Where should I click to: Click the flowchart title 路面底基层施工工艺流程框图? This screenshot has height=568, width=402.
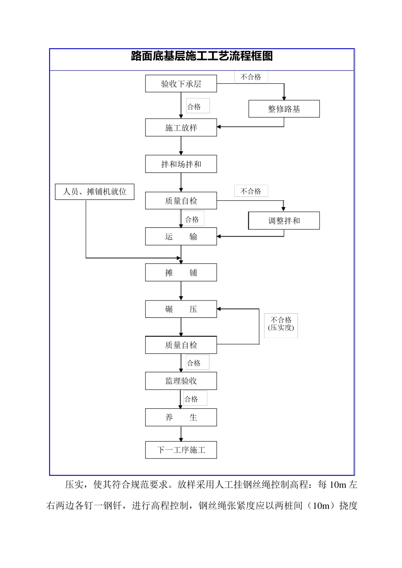click(202, 56)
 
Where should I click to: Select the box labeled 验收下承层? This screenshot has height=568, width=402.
click(181, 84)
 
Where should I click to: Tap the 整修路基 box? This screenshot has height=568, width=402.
click(284, 109)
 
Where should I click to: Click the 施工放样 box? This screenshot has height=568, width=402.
click(181, 128)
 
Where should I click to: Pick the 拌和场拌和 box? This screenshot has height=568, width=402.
click(181, 164)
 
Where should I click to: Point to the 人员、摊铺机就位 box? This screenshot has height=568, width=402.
click(95, 191)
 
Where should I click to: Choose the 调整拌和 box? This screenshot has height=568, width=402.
click(284, 221)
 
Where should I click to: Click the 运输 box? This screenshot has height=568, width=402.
click(181, 237)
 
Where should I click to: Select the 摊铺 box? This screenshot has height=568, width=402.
click(181, 273)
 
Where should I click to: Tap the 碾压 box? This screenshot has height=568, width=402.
click(181, 309)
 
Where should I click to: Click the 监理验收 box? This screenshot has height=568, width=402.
click(181, 381)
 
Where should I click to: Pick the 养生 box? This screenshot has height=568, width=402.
click(181, 417)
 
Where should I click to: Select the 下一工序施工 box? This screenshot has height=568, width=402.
click(181, 450)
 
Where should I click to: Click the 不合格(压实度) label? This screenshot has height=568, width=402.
click(281, 324)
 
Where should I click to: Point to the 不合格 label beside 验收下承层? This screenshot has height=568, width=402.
click(251, 77)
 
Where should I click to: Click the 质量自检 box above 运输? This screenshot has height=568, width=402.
click(181, 201)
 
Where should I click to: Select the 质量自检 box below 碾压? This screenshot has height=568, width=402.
click(181, 345)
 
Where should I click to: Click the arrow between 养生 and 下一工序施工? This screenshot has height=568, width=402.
click(181, 434)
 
